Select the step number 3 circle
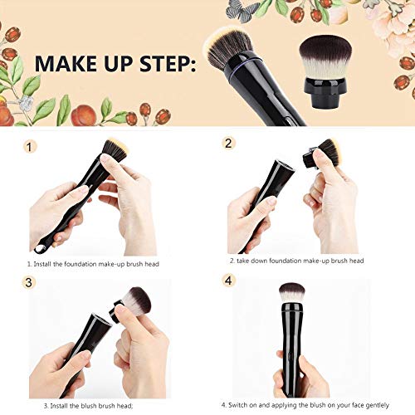pos(31,281)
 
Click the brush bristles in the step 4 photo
pos(291,292)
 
